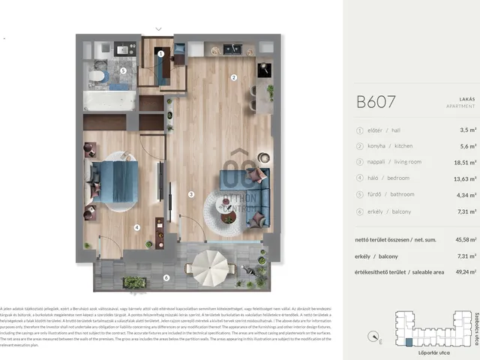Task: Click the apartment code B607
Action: (376, 102)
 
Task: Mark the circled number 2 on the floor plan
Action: (234, 77)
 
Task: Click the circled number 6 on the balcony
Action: (166, 278)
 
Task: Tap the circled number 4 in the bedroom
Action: (136, 227)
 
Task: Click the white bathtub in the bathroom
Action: (109, 100)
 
